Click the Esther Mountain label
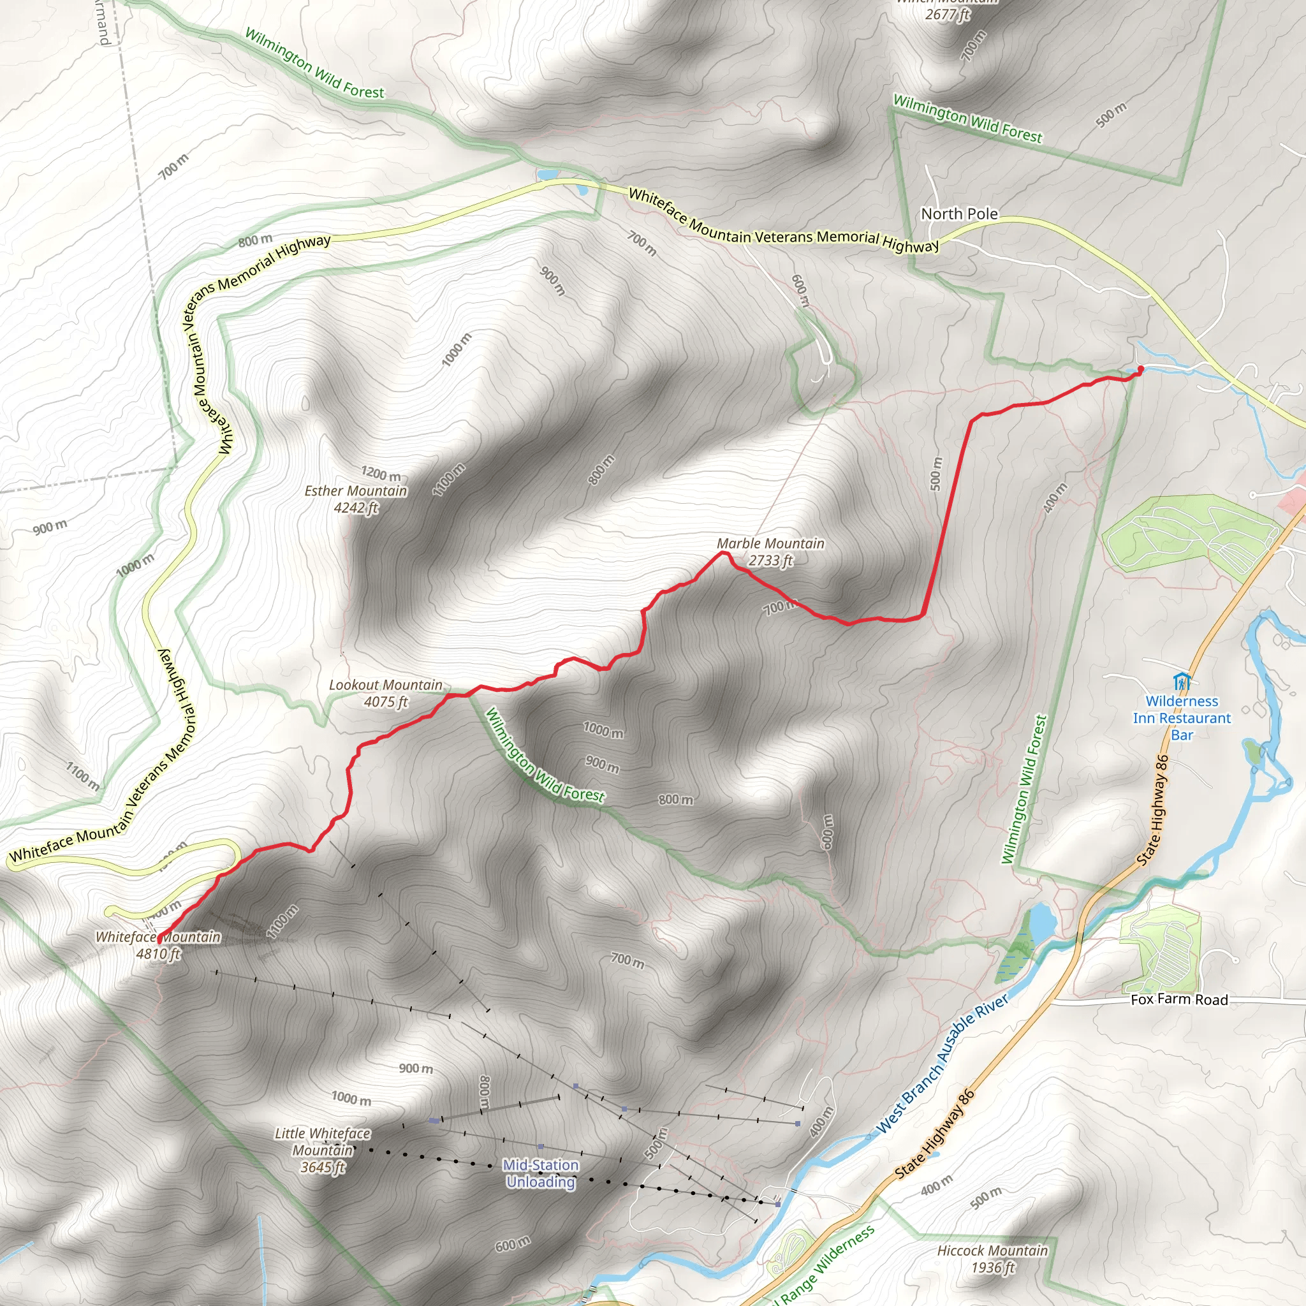(x=356, y=491)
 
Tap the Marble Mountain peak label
(x=770, y=543)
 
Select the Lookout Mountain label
(x=385, y=685)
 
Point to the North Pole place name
(x=958, y=214)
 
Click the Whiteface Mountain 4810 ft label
(x=158, y=945)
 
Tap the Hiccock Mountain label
(x=992, y=1251)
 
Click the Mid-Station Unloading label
(x=541, y=1173)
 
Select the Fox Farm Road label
(x=1179, y=999)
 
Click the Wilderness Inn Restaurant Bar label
(x=1182, y=718)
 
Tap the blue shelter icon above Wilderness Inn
(x=1182, y=682)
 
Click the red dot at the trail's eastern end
(x=1140, y=369)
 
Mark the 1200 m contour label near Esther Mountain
(x=381, y=474)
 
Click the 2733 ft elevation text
(x=770, y=561)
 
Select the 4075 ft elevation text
(x=385, y=701)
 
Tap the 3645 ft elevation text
(x=323, y=1167)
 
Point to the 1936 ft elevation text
(x=992, y=1267)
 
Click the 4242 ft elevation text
(x=356, y=508)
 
